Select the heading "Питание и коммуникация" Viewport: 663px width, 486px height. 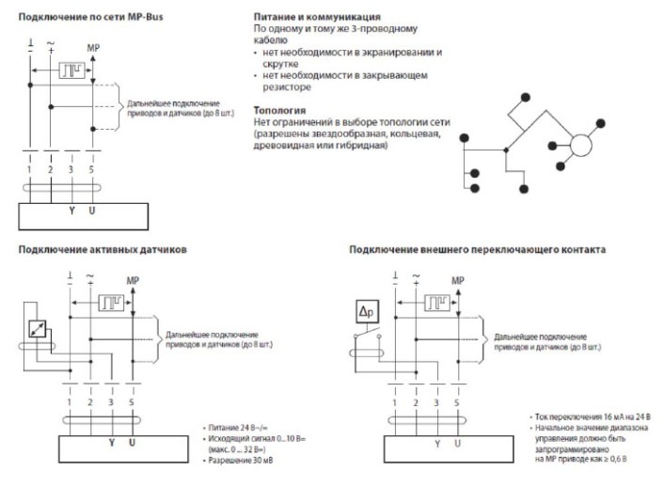pos(317,17)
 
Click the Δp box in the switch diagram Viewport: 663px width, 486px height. pos(364,312)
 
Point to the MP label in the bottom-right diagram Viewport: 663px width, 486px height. pos(458,281)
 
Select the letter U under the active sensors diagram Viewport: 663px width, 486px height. pos(132,442)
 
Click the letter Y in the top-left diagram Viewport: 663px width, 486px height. pos(71,211)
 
